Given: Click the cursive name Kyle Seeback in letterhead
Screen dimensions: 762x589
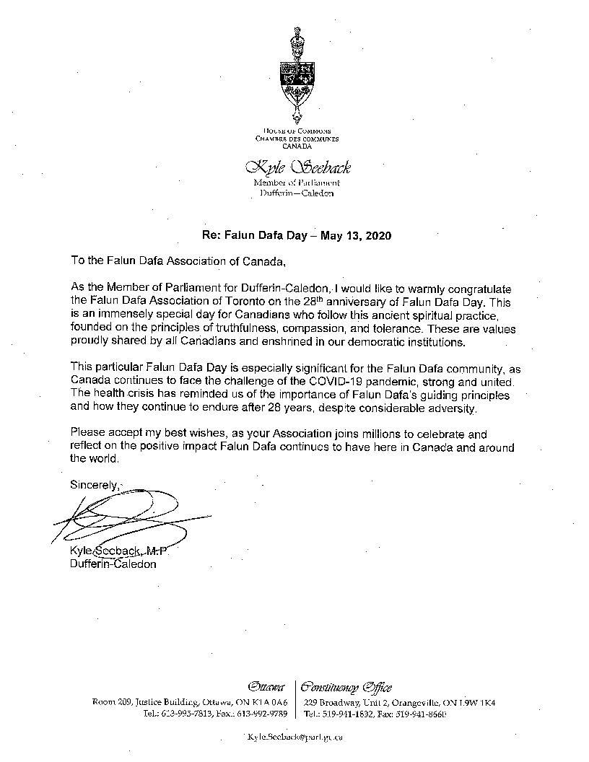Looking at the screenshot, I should (297, 167).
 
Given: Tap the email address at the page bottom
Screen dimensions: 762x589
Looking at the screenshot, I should (294, 737).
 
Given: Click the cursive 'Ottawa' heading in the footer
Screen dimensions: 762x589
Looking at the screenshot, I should (266, 686).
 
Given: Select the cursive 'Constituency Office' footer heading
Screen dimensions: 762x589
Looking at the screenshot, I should (347, 686).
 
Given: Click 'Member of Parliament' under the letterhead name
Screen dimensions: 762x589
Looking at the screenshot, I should (297, 183).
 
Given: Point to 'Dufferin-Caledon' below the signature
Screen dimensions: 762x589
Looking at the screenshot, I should (113, 564).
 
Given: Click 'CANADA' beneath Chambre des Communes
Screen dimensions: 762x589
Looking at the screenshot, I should (297, 145).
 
